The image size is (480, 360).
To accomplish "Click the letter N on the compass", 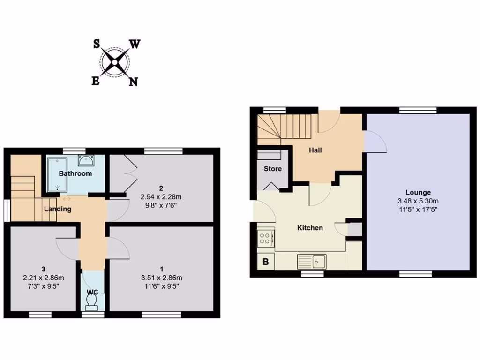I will click(x=133, y=82).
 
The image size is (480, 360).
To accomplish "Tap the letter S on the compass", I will click(x=96, y=44).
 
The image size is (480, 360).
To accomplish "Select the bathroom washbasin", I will click(x=86, y=161).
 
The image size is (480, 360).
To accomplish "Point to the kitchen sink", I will click(x=319, y=260).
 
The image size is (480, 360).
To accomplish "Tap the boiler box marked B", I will click(x=265, y=262).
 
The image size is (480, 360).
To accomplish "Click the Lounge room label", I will click(x=418, y=192).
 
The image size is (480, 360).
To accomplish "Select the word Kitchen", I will click(x=310, y=228).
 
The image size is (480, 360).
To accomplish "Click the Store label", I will click(x=272, y=168).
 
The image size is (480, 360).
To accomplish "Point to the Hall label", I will click(x=315, y=150).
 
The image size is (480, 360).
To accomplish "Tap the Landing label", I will click(x=58, y=209).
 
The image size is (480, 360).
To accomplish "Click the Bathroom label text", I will click(x=75, y=173).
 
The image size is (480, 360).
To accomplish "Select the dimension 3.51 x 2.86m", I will click(x=161, y=277).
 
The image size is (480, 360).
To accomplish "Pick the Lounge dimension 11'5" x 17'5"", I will click(x=418, y=209).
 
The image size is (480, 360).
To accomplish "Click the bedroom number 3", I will click(x=43, y=269).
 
